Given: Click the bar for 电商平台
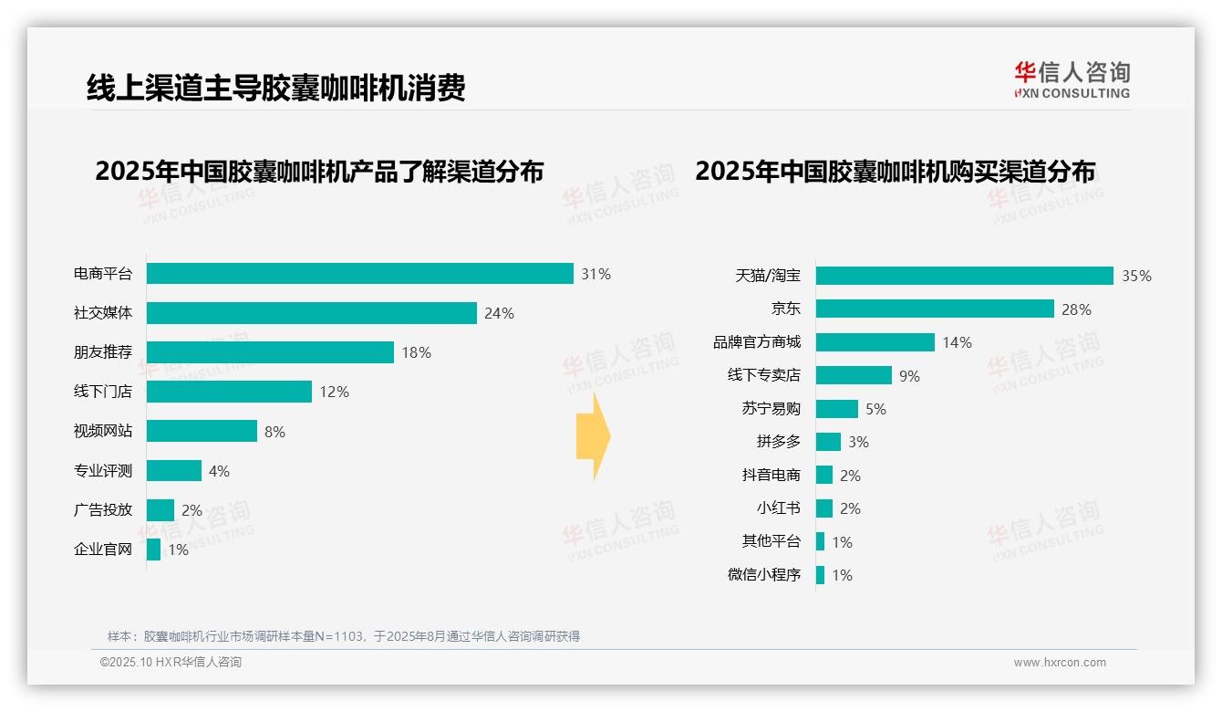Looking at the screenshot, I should point(359,274).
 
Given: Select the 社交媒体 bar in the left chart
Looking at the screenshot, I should point(311,313).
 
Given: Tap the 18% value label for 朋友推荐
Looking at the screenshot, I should point(416,352).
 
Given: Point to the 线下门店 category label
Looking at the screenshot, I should point(102,392).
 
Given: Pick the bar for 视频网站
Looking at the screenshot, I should point(202,431).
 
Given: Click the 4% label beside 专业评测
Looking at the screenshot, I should point(219,471).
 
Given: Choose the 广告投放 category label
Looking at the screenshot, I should point(102,510).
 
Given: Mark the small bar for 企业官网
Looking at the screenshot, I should point(153,550).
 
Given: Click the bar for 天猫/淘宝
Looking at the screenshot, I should point(964,276).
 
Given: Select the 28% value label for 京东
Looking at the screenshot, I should point(1076,309).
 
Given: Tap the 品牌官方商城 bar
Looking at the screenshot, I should point(875,342).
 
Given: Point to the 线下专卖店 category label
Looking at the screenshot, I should point(763,375).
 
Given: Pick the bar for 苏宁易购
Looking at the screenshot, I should point(836,409).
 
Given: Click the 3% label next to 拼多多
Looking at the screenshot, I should point(858,442).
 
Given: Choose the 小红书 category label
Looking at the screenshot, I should point(778,508).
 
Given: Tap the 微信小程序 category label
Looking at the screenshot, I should point(763,575).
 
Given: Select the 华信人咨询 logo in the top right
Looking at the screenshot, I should point(1072,79).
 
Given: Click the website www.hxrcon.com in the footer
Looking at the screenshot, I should point(1060,663).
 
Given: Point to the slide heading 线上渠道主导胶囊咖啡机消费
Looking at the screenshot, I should point(275,88).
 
